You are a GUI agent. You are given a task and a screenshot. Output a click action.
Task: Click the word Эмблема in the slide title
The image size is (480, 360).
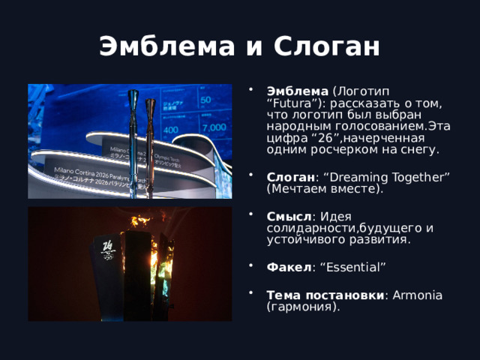click(154, 47)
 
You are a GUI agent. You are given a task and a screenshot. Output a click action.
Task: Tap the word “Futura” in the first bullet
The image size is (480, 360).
click(289, 103)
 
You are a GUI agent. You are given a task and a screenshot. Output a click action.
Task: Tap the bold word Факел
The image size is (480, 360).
click(288, 267)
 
